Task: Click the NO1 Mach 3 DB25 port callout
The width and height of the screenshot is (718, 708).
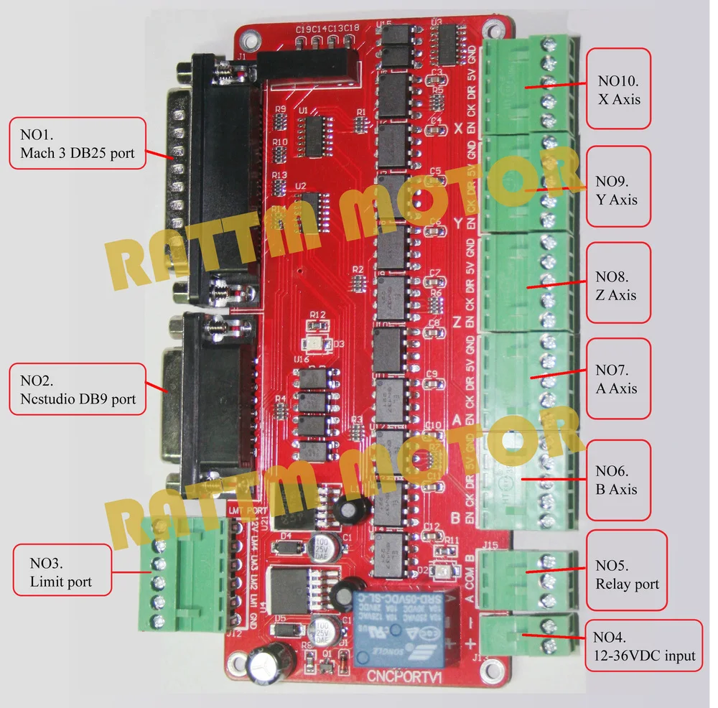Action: coord(78,144)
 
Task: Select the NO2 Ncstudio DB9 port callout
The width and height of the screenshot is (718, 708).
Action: coord(78,389)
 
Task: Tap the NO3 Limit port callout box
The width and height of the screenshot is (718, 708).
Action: coord(62,570)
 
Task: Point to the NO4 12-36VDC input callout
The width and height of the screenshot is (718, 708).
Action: coord(643,646)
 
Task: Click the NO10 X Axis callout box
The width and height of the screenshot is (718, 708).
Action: coord(618,88)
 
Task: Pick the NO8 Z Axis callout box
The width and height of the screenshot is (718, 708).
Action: coord(618,285)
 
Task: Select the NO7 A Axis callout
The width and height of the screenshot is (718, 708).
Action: coord(618,379)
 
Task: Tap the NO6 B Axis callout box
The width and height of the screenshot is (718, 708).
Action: coord(618,480)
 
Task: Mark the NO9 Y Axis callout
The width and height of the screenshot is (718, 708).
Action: coord(618,189)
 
